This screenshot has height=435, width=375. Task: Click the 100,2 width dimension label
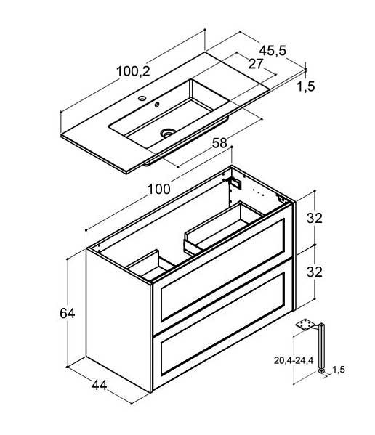pos(133,71)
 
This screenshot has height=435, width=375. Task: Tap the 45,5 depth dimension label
pos(273,51)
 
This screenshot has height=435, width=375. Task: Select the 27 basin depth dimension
pos(255,64)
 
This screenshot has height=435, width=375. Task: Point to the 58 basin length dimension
pos(219,143)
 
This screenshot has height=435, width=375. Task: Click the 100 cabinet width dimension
pos(158,190)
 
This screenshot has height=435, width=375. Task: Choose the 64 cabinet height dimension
pos(67,313)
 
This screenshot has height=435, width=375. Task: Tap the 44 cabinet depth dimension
pos(99,385)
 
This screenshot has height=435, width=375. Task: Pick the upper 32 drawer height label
pos(315,218)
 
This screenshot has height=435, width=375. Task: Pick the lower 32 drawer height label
pos(315,272)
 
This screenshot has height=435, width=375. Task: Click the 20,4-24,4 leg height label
pos(294,360)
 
